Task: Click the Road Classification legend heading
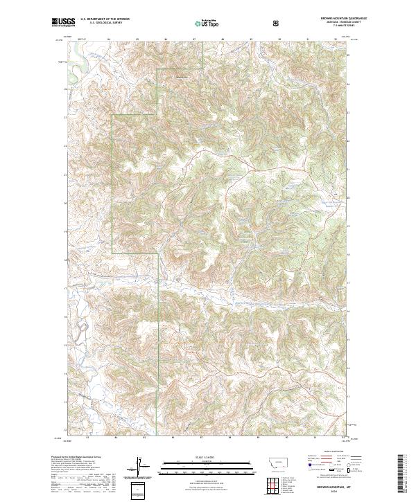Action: (327, 456)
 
